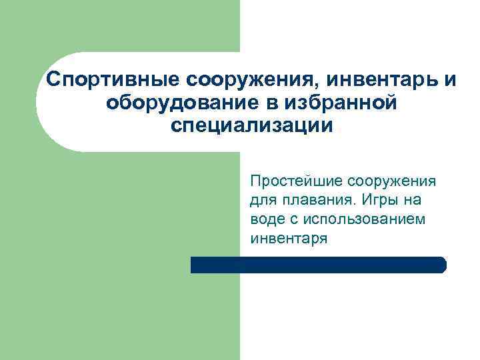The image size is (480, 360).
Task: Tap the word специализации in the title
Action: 250,127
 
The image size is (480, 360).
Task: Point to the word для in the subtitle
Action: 263,201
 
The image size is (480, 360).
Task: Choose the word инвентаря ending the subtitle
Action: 289,238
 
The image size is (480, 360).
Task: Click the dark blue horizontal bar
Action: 313,265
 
